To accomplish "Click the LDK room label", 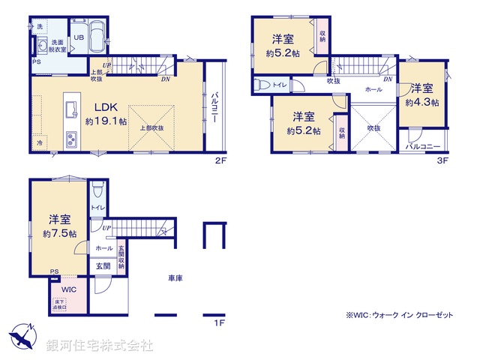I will [103, 106].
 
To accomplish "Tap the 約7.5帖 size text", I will [60, 233].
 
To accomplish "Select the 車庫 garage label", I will [176, 279].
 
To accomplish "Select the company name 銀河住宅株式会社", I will [100, 346].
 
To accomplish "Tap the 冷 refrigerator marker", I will [38, 142].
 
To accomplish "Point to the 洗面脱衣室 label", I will [58, 46].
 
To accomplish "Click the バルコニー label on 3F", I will [423, 147].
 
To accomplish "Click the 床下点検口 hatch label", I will [60, 303].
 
